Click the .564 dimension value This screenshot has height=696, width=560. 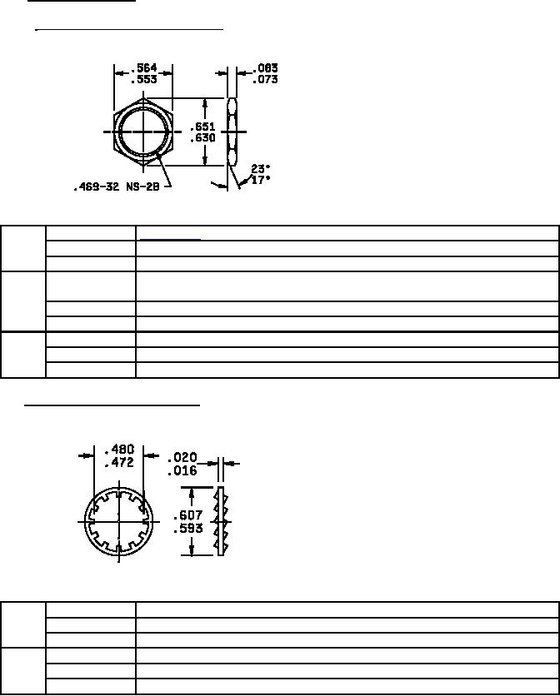coord(144,68)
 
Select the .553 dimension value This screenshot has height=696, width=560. coord(144,79)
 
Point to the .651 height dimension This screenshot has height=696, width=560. coord(202,127)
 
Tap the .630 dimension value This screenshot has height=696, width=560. coord(202,138)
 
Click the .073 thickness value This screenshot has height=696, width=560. coord(265,79)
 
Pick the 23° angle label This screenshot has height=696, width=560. coord(261,169)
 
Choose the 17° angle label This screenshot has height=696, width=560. coord(261,180)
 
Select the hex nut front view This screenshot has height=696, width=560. coord(143,132)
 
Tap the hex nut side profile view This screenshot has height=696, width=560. coord(232,132)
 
